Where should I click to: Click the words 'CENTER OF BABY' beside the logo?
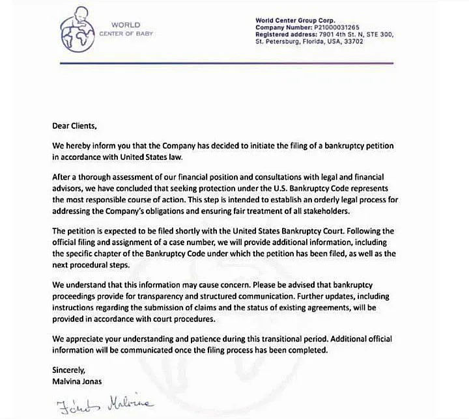(x=126, y=33)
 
